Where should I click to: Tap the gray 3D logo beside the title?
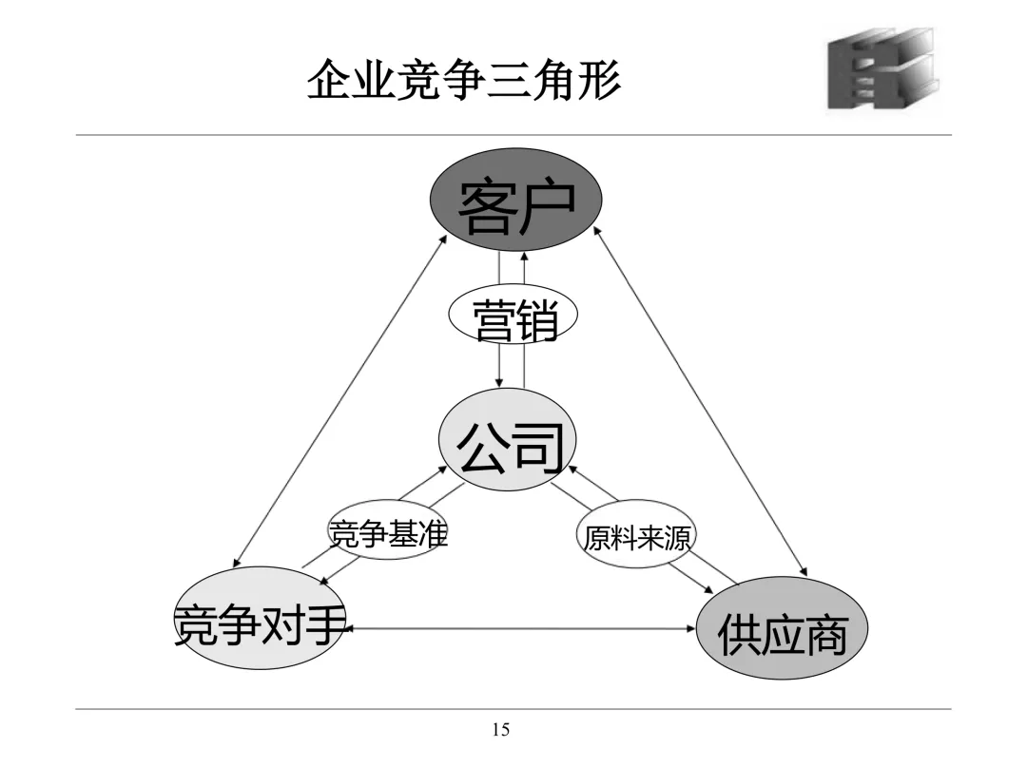(880, 68)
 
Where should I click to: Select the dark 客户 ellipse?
(516, 200)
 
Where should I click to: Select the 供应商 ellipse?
(782, 627)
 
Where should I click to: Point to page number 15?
(500, 730)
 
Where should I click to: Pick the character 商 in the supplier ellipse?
(825, 634)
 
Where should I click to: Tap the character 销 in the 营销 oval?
(534, 320)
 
